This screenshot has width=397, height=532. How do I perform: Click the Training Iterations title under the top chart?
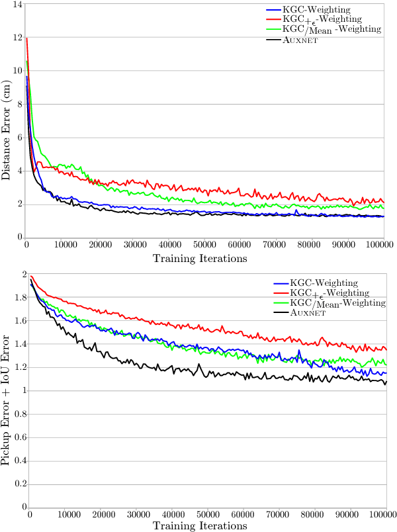200,259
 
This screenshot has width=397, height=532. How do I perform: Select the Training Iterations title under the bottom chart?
200,525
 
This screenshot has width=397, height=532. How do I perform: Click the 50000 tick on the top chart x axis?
205,245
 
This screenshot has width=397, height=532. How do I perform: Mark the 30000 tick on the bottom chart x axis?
137,514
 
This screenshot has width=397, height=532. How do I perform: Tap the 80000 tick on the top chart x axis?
312,245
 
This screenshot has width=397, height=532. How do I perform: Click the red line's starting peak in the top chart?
26,38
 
